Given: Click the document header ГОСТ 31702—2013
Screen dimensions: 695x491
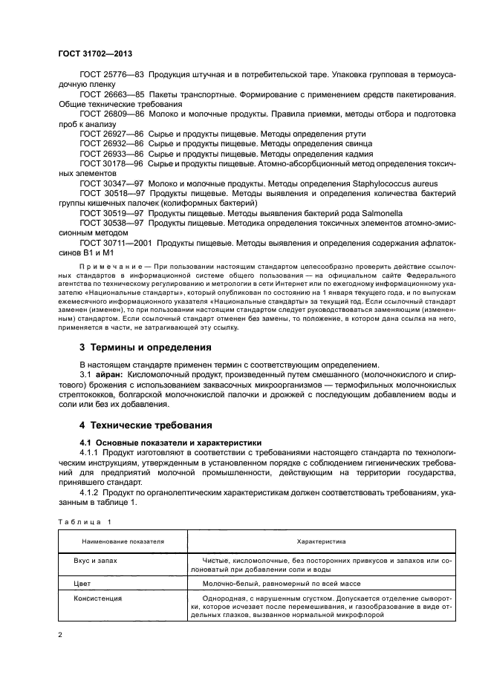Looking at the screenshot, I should coord(96,54).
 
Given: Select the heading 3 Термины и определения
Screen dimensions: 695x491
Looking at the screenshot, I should coord(145,347).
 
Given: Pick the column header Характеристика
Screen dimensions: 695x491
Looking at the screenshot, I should coord(321,542).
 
